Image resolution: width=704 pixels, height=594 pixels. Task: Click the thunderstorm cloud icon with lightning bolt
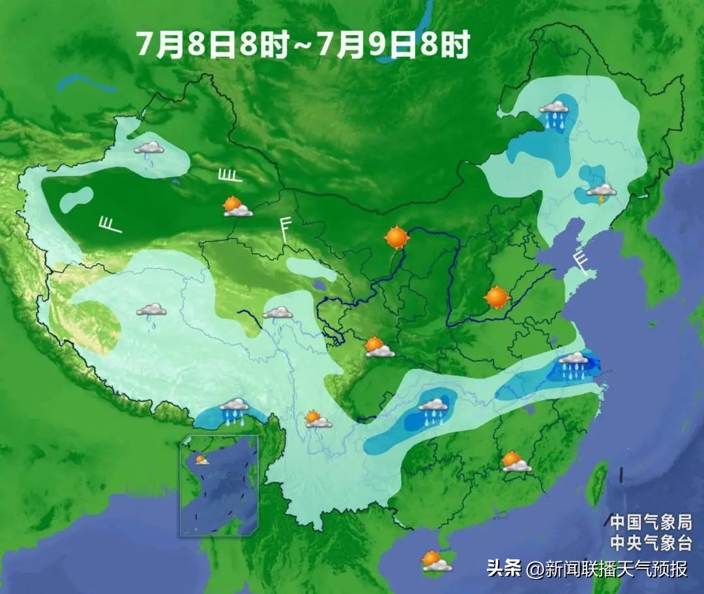pyautogui.click(x=601, y=192)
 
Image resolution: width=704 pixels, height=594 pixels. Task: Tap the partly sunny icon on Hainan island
pyautogui.click(x=435, y=561)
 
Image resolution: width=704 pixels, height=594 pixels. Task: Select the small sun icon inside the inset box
pyautogui.click(x=202, y=460)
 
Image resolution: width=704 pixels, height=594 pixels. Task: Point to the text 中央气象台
pyautogui.click(x=645, y=542)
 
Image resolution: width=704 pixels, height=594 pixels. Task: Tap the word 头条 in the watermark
pyautogui.click(x=503, y=569)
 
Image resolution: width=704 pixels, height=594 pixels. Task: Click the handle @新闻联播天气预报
pyautogui.click(x=608, y=569)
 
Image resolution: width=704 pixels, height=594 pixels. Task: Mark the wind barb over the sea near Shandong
pyautogui.click(x=580, y=260)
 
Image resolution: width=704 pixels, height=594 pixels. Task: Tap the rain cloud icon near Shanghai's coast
pyautogui.click(x=574, y=364)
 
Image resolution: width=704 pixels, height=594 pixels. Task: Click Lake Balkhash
pyautogui.click(x=85, y=83)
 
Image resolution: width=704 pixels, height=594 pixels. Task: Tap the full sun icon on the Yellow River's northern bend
pyautogui.click(x=396, y=237)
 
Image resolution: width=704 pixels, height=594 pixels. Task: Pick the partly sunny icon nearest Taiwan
pyautogui.click(x=516, y=462)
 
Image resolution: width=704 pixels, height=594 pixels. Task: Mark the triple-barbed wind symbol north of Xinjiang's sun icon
pyautogui.click(x=229, y=175)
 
